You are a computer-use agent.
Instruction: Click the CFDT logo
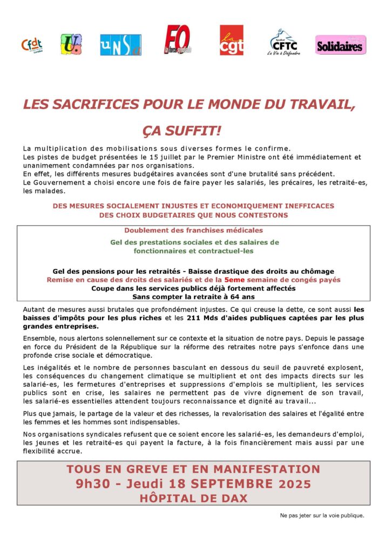(x=31, y=45)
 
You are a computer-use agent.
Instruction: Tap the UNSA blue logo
(x=120, y=45)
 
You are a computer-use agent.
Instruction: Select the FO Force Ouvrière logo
(x=178, y=39)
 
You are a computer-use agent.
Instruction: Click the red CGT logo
(x=231, y=41)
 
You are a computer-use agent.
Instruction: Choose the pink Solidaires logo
(x=340, y=45)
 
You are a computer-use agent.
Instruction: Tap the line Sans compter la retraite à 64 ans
(x=193, y=296)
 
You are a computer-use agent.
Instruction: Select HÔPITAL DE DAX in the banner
(x=193, y=498)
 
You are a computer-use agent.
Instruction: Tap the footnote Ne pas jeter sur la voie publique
(x=322, y=515)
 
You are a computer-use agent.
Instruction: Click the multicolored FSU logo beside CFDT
(x=71, y=44)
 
